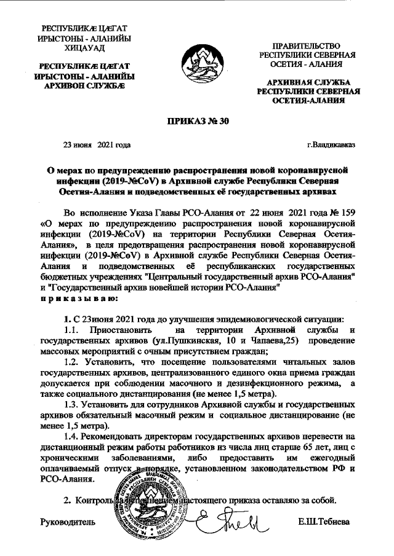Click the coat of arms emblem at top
197,62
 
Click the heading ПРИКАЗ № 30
198,121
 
